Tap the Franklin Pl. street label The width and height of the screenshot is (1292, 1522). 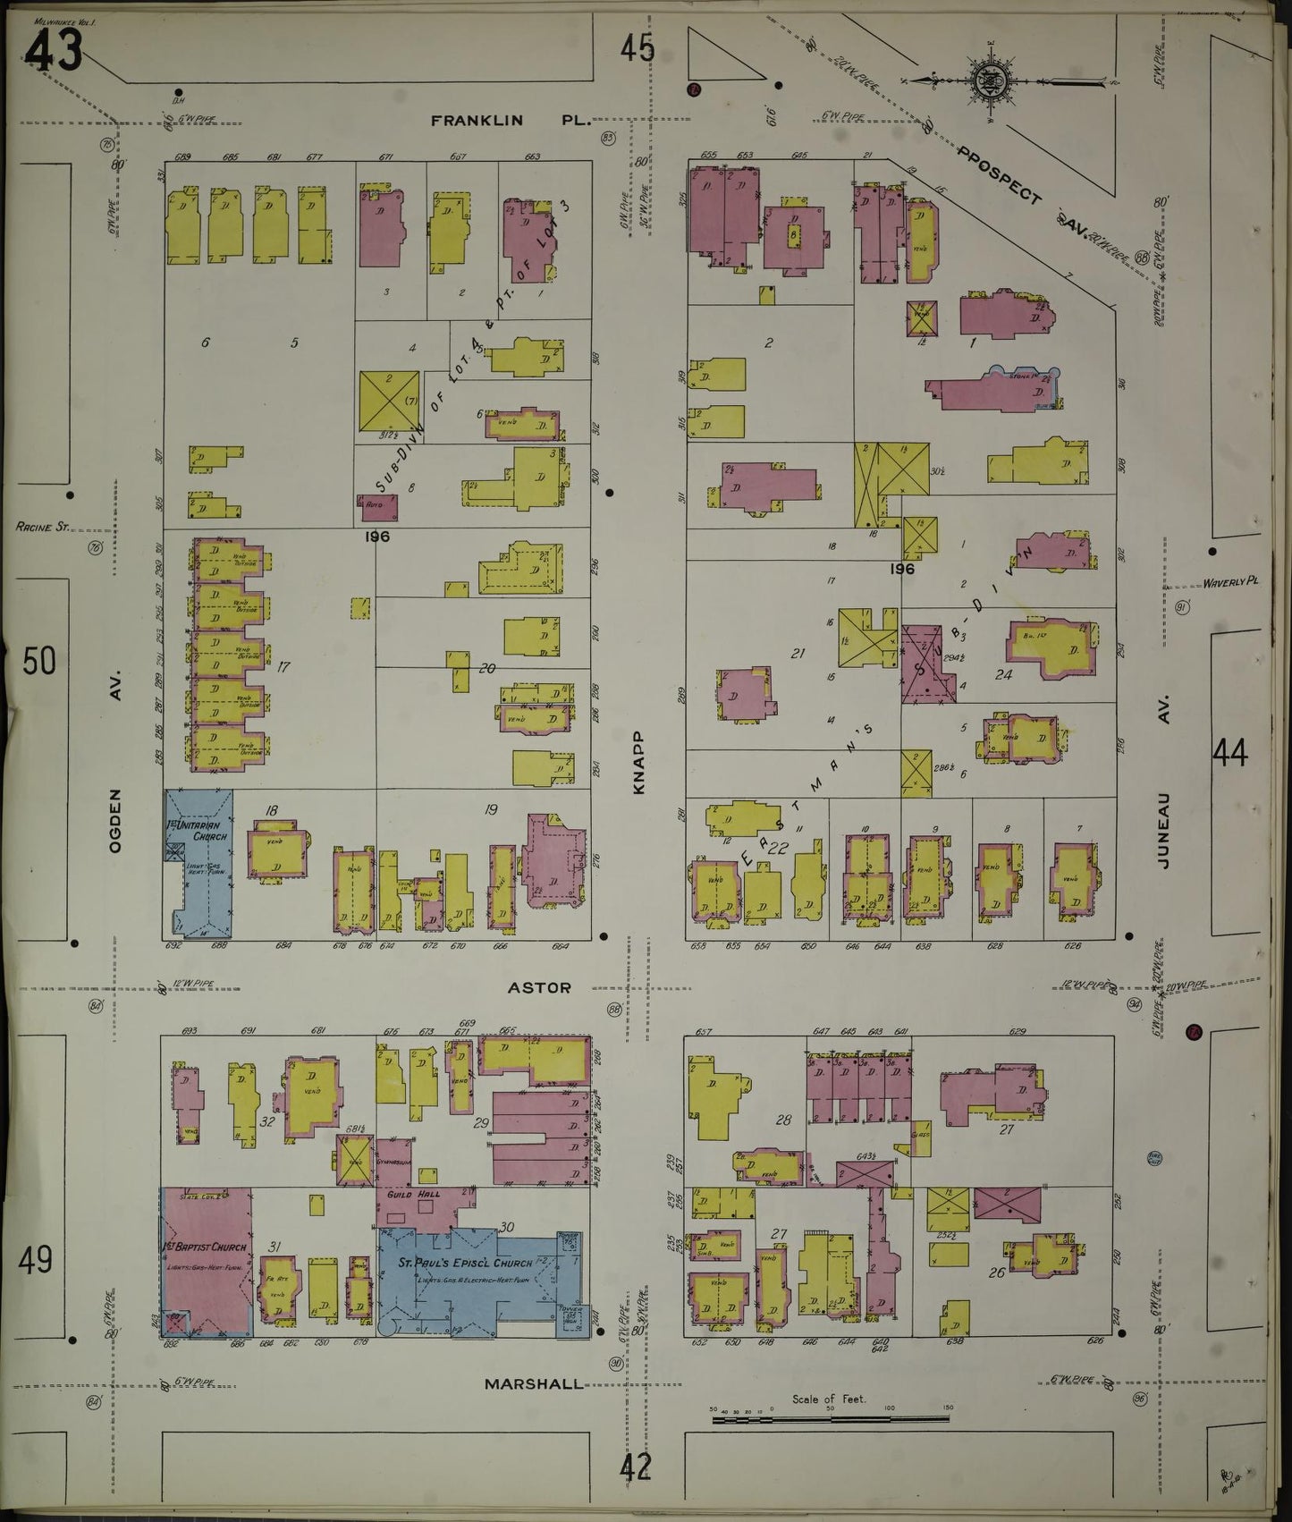pyautogui.click(x=511, y=120)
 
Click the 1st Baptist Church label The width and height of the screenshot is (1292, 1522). pyautogui.click(x=204, y=1247)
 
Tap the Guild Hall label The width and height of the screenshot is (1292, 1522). pyautogui.click(x=406, y=1194)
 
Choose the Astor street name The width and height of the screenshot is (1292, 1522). pyautogui.click(x=539, y=987)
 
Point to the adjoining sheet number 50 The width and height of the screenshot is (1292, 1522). pyautogui.click(x=39, y=662)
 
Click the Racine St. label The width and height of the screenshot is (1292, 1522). pyautogui.click(x=42, y=528)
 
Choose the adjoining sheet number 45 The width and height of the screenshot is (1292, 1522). pyautogui.click(x=638, y=48)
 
